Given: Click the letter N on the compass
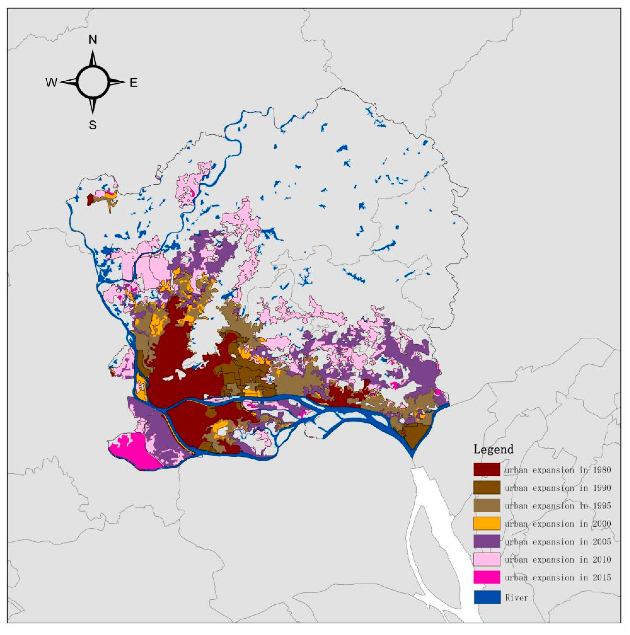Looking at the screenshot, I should (93, 40).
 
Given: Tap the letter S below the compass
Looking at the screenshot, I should (93, 125).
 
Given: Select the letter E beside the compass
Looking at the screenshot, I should (133, 83).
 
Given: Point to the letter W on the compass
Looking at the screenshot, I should (51, 83).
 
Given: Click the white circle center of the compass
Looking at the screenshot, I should (93, 82).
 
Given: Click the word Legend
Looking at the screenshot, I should (493, 449).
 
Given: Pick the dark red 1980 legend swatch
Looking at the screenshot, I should (487, 469).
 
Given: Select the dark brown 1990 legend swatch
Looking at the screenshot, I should (487, 488).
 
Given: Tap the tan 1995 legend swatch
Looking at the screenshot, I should (487, 506).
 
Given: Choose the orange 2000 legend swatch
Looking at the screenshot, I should (487, 523).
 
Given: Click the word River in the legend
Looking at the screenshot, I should (517, 598).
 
